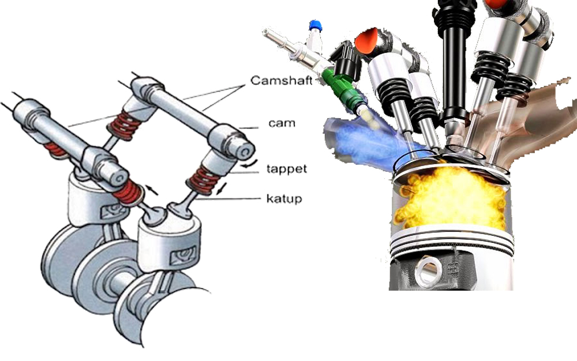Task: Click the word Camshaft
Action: [x=281, y=81]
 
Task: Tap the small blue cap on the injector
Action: [x=314, y=25]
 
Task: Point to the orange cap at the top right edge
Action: [x=495, y=4]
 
